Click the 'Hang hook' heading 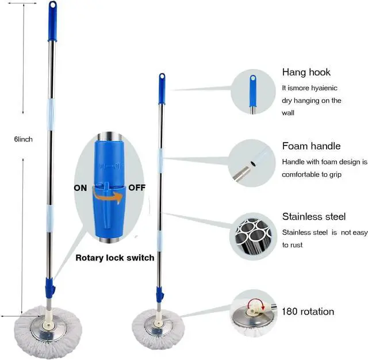pyautogui.click(x=306, y=72)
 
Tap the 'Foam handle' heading pyautogui.click(x=311, y=146)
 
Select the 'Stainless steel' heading pyautogui.click(x=314, y=217)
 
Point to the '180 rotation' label pyautogui.click(x=308, y=312)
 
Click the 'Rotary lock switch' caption pyautogui.click(x=115, y=258)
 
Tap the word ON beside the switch pyautogui.click(x=80, y=187)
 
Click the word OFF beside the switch pyautogui.click(x=137, y=187)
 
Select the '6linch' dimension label pyautogui.click(x=24, y=139)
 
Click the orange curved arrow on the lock pyautogui.click(x=109, y=197)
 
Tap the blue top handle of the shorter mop pyautogui.click(x=162, y=87)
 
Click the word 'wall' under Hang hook pyautogui.click(x=288, y=113)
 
